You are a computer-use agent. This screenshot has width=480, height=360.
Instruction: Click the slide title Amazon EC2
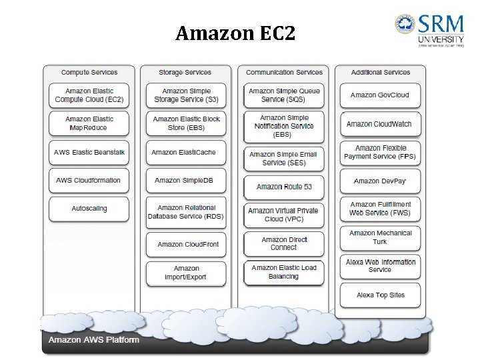click(235, 33)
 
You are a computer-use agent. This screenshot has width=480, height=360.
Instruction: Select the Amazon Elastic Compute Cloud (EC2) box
click(89, 95)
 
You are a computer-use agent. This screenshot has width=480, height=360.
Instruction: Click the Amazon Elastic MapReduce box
click(89, 123)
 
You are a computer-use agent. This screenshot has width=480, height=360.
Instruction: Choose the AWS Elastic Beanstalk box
click(89, 153)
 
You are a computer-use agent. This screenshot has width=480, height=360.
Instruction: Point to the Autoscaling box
click(89, 209)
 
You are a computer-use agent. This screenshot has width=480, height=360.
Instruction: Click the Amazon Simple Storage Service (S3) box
click(186, 95)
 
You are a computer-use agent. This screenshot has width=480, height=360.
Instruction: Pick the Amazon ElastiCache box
click(184, 153)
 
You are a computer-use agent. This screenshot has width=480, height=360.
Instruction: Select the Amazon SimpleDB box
click(184, 181)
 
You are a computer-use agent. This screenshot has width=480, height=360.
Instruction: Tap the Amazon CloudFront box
click(187, 245)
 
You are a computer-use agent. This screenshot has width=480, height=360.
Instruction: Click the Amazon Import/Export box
click(186, 273)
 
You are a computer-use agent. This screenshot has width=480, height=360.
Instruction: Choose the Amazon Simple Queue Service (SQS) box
click(284, 95)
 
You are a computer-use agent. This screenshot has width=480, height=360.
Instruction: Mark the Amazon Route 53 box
click(284, 187)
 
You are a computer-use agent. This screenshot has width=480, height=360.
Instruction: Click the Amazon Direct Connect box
click(284, 243)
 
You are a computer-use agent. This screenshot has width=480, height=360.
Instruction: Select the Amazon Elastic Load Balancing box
click(284, 272)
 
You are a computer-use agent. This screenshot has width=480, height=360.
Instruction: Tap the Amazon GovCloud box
click(380, 95)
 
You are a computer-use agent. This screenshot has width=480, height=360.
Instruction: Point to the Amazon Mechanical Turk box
click(380, 237)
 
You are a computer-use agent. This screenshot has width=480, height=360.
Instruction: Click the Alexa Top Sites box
click(380, 295)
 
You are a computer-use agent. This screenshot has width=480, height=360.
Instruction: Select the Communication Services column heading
click(284, 73)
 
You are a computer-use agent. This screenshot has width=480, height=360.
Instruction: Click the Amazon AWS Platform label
click(94, 340)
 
